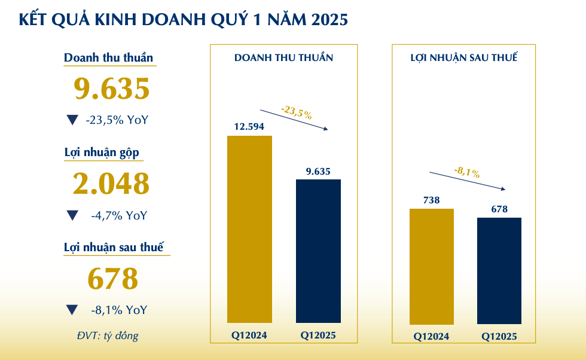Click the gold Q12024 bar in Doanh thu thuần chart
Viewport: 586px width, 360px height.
click(x=249, y=229)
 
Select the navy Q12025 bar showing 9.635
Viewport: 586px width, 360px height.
click(x=318, y=251)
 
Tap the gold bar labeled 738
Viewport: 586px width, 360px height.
click(x=431, y=266)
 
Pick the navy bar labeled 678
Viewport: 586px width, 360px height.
click(x=499, y=270)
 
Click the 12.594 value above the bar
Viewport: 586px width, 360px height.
click(x=249, y=127)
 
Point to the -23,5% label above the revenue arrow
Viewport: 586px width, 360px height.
click(x=296, y=112)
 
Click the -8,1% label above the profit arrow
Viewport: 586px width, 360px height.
click(x=467, y=173)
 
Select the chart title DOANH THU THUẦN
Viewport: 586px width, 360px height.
click(x=283, y=58)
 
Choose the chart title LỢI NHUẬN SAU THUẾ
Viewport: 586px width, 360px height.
click(x=464, y=58)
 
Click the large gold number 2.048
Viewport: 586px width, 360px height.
click(x=111, y=184)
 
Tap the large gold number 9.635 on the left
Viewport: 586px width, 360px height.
click(x=111, y=89)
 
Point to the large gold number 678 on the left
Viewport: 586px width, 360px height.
click(x=113, y=279)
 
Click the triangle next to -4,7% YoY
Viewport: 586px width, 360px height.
click(x=72, y=215)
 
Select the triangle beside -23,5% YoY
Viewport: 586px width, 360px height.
click(x=72, y=120)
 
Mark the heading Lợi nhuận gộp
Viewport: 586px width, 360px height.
click(x=102, y=152)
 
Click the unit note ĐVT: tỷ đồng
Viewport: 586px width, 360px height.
click(x=107, y=335)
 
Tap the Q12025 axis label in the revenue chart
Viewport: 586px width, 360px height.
click(x=318, y=335)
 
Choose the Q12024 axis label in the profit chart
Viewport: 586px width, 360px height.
click(x=431, y=336)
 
